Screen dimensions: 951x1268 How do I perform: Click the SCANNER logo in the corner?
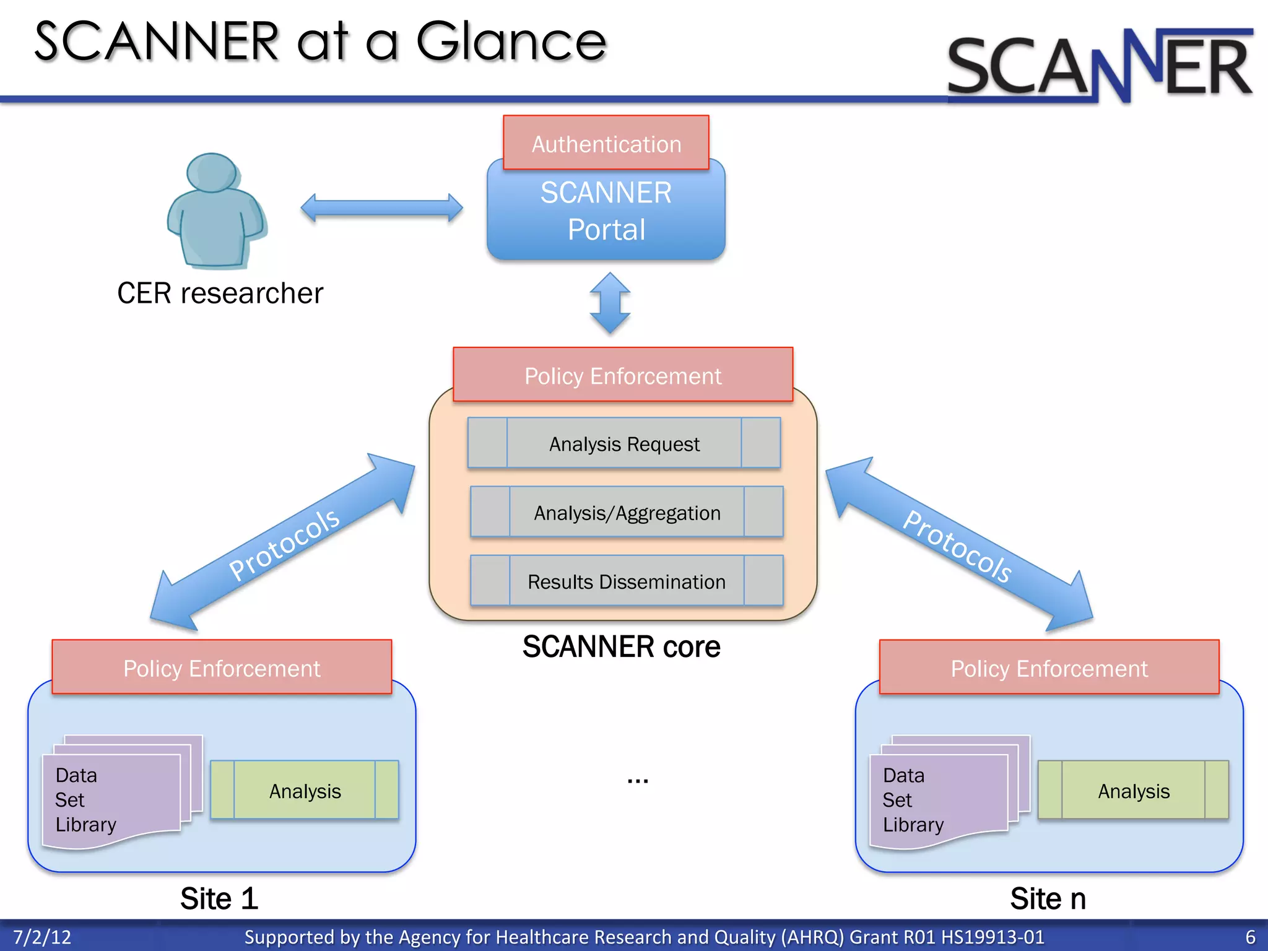pyautogui.click(x=1099, y=66)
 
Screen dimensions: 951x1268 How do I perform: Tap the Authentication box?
pyautogui.click(x=606, y=143)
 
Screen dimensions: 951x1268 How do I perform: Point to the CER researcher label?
pyautogui.click(x=220, y=293)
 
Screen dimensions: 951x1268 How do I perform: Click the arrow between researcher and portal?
pyautogui.click(x=381, y=208)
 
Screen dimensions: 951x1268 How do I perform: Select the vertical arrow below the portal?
pyautogui.click(x=610, y=303)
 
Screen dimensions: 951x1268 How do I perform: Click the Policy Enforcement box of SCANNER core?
pyautogui.click(x=622, y=375)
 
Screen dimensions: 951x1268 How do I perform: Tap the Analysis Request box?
pyautogui.click(x=623, y=443)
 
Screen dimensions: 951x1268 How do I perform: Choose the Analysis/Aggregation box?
pyautogui.click(x=627, y=512)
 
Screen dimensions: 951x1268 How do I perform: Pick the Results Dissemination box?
pyautogui.click(x=627, y=581)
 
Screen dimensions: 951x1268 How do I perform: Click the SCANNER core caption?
pyautogui.click(x=621, y=646)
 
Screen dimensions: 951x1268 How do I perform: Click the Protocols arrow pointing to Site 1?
pyautogui.click(x=283, y=543)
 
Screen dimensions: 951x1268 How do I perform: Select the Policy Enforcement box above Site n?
pyautogui.click(x=1049, y=668)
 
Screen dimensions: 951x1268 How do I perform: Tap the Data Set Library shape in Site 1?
pyautogui.click(x=111, y=799)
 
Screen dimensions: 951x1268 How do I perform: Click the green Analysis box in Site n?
pyautogui.click(x=1133, y=791)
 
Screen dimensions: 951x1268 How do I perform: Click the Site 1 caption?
pyautogui.click(x=219, y=898)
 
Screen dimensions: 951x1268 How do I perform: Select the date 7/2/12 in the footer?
pyautogui.click(x=42, y=937)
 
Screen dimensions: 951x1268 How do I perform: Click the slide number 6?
pyautogui.click(x=1250, y=937)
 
